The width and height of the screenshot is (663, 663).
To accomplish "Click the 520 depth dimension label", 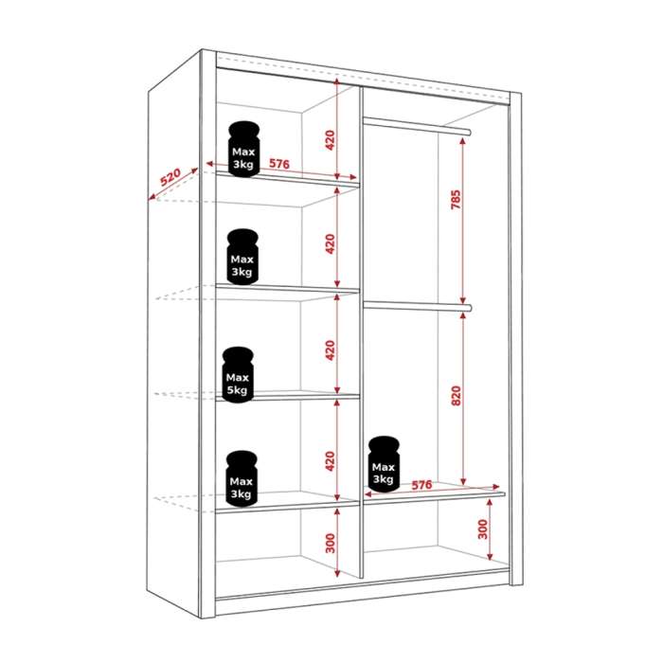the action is click(170, 177).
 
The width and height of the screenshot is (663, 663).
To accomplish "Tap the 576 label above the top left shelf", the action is click(279, 163).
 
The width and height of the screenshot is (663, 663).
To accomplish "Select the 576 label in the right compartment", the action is click(421, 485).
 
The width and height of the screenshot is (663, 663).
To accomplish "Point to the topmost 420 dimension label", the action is click(331, 140).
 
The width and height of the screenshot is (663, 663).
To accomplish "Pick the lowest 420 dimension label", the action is click(331, 461).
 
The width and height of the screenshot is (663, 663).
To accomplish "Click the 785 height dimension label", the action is click(456, 200).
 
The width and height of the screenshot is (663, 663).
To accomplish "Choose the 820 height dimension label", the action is click(457, 396).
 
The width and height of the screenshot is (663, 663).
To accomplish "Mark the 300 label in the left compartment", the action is click(331, 544).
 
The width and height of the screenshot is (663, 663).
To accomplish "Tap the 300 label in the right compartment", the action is click(482, 529).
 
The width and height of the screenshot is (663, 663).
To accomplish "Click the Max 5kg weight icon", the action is click(238, 375).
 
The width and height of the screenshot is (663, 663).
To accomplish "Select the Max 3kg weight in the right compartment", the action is click(384, 464).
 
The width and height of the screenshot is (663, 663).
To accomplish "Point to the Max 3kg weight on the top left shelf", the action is click(243, 149).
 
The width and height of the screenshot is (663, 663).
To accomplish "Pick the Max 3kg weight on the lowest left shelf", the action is click(242, 478).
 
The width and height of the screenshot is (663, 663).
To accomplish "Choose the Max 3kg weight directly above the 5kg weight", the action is click(242, 257).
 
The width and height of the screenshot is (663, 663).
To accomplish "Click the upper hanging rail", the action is click(417, 126).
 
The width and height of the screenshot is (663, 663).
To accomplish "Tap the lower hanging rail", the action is click(418, 306).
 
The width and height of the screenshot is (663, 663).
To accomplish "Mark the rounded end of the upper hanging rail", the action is click(469, 133).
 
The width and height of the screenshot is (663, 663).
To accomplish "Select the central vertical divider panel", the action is click(361, 332).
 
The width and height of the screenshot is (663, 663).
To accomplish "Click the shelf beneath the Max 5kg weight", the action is click(288, 397).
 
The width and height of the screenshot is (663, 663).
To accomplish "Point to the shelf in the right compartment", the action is click(434, 498).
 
